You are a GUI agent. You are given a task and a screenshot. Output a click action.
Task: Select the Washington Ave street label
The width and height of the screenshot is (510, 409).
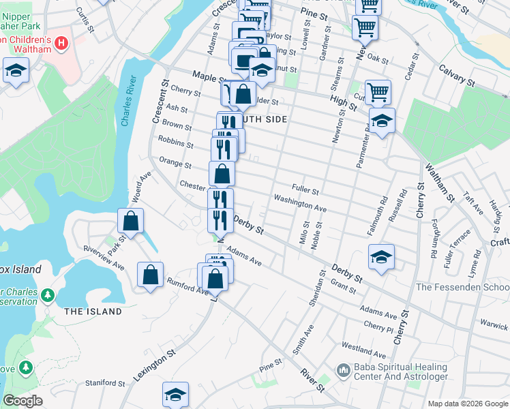point(300,202)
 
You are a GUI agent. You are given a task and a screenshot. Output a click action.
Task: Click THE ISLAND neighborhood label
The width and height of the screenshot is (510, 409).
point(93,312)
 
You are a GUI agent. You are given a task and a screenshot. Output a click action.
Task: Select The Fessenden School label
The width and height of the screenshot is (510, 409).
point(462,287)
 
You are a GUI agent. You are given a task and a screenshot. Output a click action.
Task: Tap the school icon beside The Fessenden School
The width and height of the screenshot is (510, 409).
point(382,256)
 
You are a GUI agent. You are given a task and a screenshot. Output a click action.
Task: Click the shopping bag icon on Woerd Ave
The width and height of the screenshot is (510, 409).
point(130,221)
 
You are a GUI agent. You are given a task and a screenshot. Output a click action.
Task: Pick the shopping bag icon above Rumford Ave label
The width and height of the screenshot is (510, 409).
point(150,275)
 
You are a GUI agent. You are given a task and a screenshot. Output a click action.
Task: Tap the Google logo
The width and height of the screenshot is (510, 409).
point(22,401)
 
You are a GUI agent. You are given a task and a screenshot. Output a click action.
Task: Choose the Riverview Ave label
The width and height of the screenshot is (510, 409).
point(102,256)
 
